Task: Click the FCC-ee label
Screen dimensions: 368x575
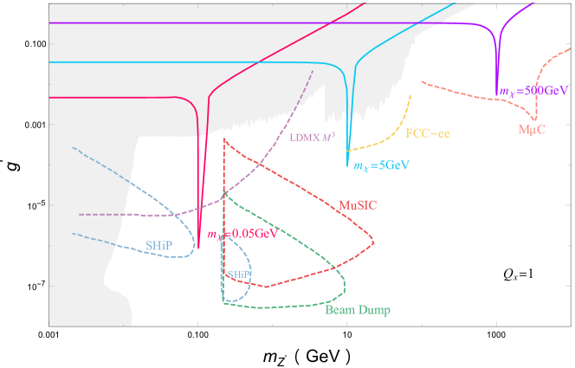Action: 427,133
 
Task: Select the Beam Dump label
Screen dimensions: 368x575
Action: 357,309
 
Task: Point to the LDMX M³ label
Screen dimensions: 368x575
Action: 311,137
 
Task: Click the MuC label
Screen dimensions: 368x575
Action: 532,129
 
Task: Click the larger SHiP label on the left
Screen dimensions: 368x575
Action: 158,245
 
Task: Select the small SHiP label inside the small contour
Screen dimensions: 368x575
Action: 238,274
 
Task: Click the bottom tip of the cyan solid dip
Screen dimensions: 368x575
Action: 348,165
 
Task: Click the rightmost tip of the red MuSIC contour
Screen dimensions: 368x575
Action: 374,239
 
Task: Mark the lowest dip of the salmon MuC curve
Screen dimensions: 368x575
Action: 535,119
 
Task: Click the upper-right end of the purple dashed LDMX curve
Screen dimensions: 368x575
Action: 312,68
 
